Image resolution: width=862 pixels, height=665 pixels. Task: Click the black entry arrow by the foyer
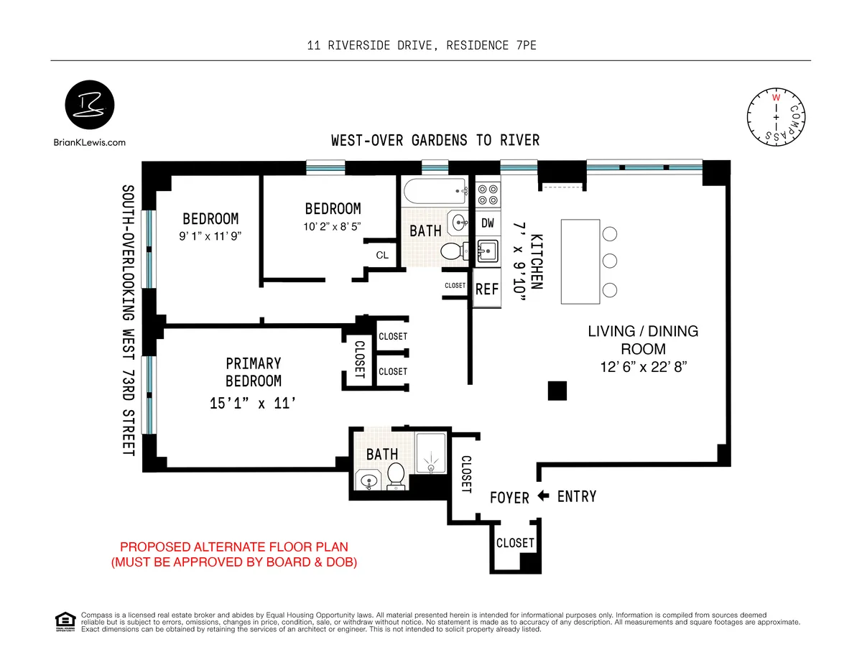544,496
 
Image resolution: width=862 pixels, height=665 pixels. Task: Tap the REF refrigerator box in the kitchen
487,289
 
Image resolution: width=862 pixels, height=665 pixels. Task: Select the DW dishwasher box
487,223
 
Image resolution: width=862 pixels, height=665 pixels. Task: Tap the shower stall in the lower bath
431,452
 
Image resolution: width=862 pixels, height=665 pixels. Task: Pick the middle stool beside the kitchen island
610,261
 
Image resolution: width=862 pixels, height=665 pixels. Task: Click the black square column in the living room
557,390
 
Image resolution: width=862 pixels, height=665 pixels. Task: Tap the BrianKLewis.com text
89,142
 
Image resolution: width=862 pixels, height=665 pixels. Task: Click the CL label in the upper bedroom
382,256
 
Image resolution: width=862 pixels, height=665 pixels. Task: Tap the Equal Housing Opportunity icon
65,621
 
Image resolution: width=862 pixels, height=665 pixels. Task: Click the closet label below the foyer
515,543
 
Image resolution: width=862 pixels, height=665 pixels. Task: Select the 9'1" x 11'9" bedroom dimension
210,236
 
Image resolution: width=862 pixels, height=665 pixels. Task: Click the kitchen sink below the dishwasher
487,251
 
